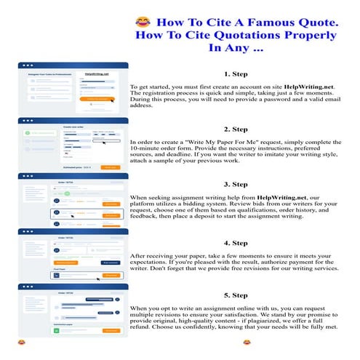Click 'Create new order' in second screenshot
click(x=76, y=127)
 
